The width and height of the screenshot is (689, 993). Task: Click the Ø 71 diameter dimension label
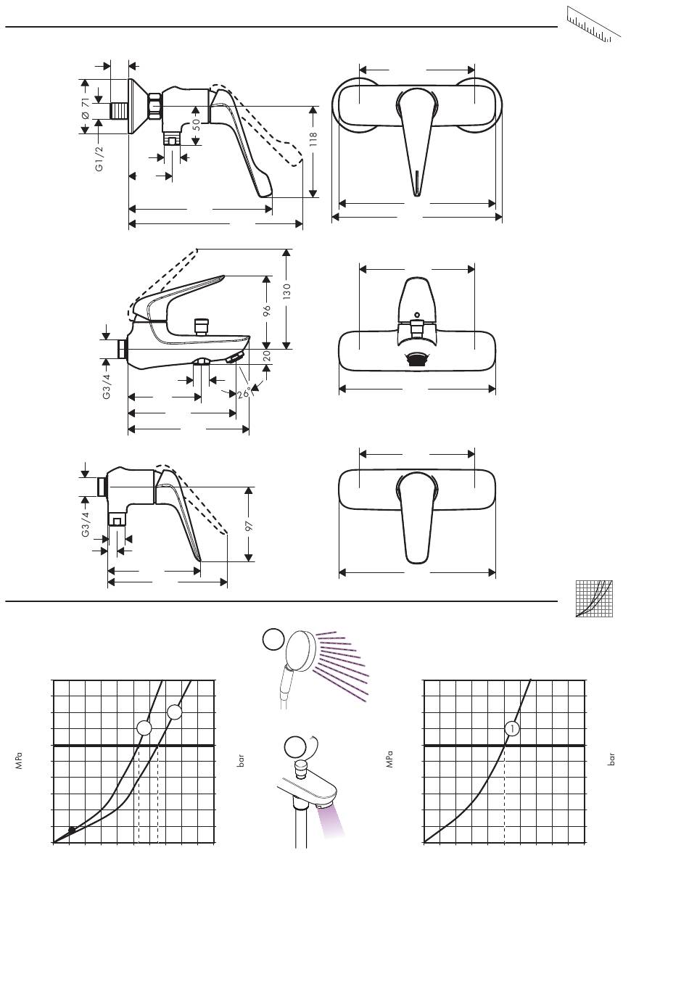[x=85, y=108]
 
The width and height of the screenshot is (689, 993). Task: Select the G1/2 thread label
[x=99, y=158]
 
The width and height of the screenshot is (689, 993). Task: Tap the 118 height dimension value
[x=313, y=139]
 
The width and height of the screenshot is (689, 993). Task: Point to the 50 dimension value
[x=196, y=125]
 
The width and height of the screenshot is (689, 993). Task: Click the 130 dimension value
[x=286, y=292]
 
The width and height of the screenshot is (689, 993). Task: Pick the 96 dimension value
[x=266, y=310]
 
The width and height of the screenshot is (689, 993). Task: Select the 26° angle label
[x=244, y=392]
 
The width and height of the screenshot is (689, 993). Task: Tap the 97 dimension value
[x=249, y=526]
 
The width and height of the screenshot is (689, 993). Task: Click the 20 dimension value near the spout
[x=267, y=355]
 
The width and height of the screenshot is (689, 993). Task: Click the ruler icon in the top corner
[x=593, y=25]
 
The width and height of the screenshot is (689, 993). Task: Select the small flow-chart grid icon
[x=594, y=598]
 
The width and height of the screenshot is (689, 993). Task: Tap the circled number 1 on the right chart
[x=512, y=728]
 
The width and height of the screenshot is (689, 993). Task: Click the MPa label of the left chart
[x=19, y=760]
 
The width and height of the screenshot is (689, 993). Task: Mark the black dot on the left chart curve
[x=72, y=829]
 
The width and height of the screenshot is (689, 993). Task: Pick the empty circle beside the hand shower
[x=273, y=639]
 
